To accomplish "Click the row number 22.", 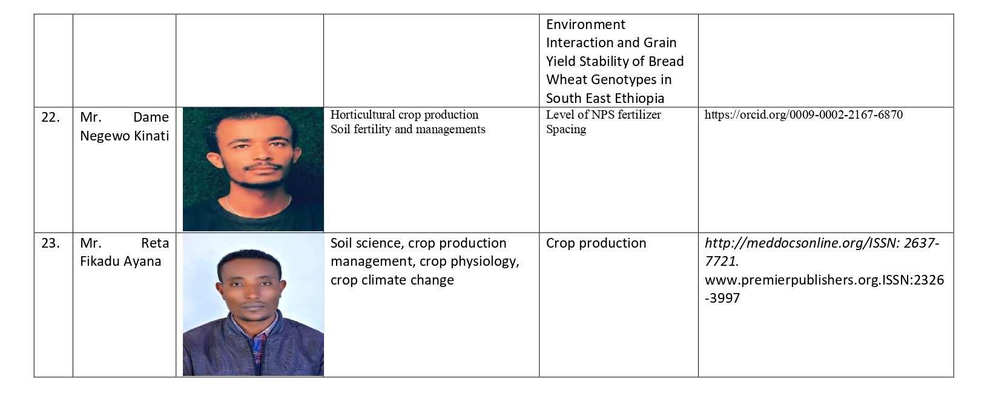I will coord(50,117).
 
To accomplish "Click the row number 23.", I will coord(50,243).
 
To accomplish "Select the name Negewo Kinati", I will coord(124,136).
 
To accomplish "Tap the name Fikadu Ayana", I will coord(120,262).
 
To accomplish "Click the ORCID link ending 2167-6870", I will coord(803,115).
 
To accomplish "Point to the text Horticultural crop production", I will coord(404,115).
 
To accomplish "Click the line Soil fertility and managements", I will coord(407,129).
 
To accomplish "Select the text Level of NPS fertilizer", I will coord(603,115).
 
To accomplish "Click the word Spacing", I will coord(565,129).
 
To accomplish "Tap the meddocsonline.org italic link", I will coord(822,243).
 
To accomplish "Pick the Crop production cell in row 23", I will coord(596,243).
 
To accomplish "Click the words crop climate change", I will coord(392,280).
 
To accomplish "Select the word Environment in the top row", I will coord(585,25).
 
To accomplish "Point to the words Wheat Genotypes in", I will coord(608,80).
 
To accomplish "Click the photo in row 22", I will coord(253,170).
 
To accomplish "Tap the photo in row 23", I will coord(253,305).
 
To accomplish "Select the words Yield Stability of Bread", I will coord(615,62).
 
